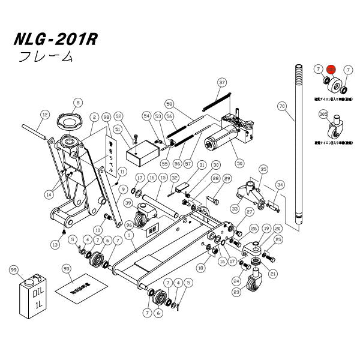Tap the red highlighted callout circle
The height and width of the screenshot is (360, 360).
tap(332, 70)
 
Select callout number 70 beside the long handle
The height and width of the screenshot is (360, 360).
tap(281, 106)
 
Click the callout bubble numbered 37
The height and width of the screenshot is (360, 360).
tap(221, 82)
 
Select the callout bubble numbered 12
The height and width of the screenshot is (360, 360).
tap(44, 114)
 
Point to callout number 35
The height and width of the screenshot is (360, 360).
tap(262, 170)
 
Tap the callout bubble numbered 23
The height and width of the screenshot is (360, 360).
tap(236, 292)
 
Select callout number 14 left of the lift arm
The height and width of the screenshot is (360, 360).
tap(49, 194)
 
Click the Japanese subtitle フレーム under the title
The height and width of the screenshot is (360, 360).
tap(46, 58)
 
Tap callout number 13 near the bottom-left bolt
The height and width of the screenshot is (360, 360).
tap(56, 245)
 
